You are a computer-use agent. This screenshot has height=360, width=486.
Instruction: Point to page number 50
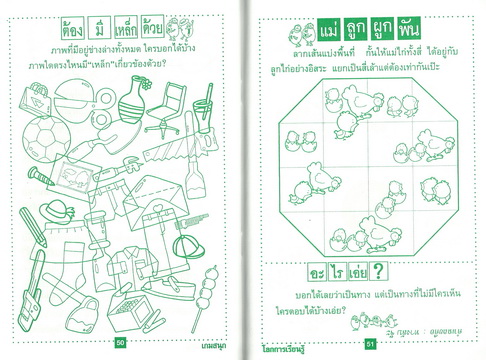pyautogui.click(x=120, y=343)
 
